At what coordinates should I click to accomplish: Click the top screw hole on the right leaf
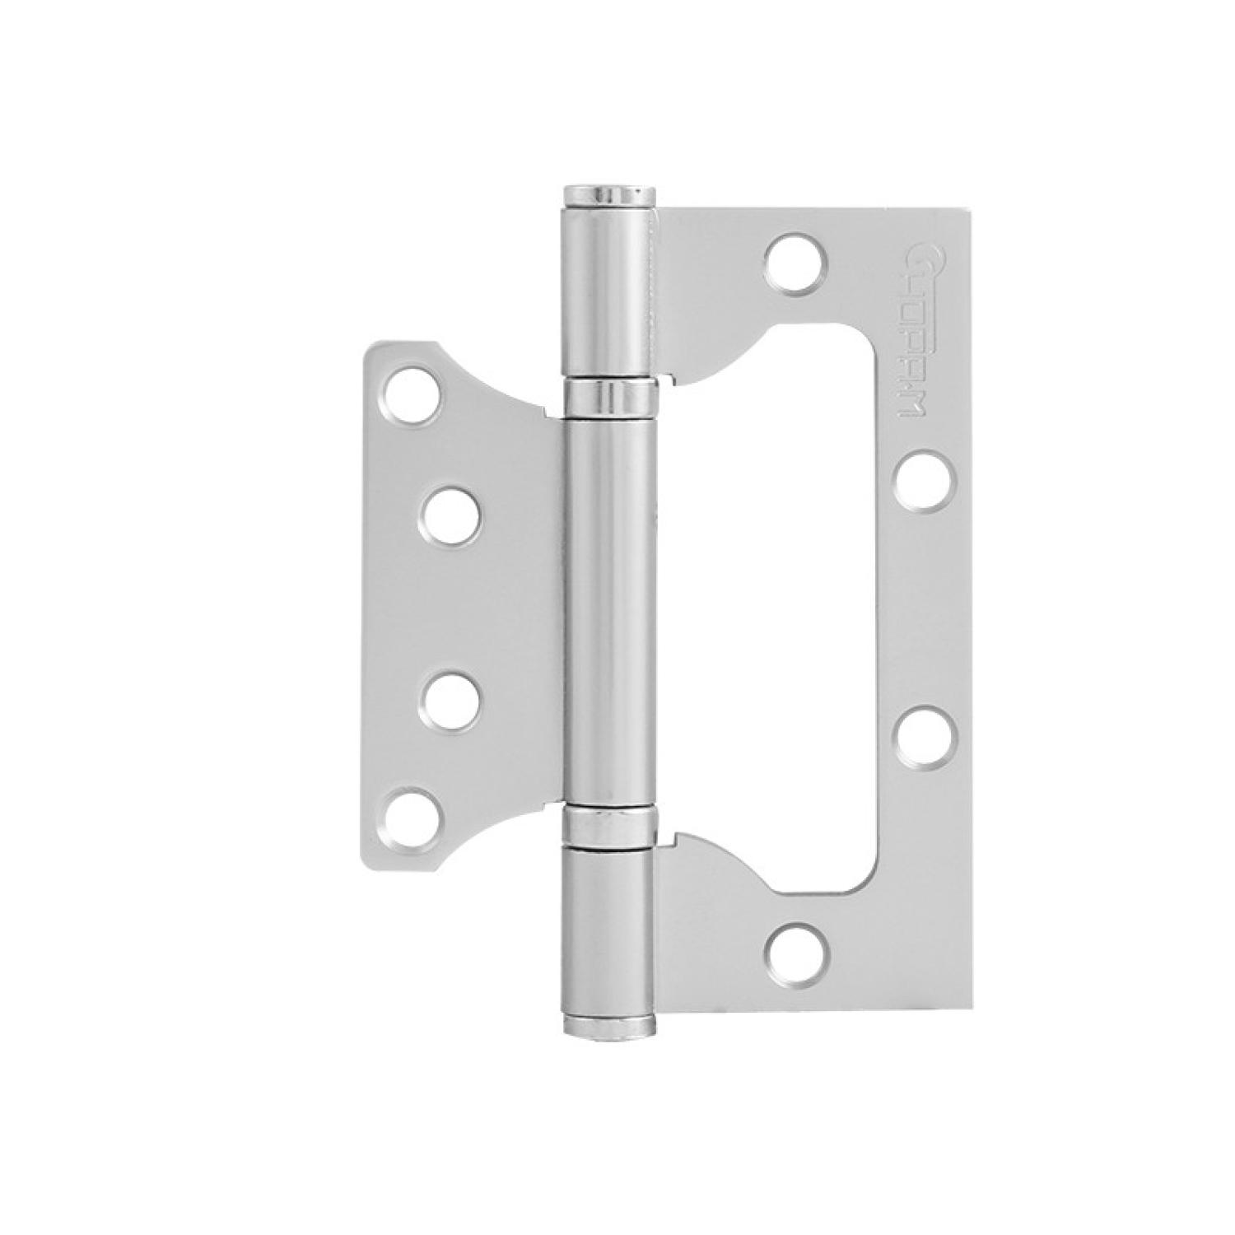tap(795, 265)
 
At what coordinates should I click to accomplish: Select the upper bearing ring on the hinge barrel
tap(610, 398)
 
